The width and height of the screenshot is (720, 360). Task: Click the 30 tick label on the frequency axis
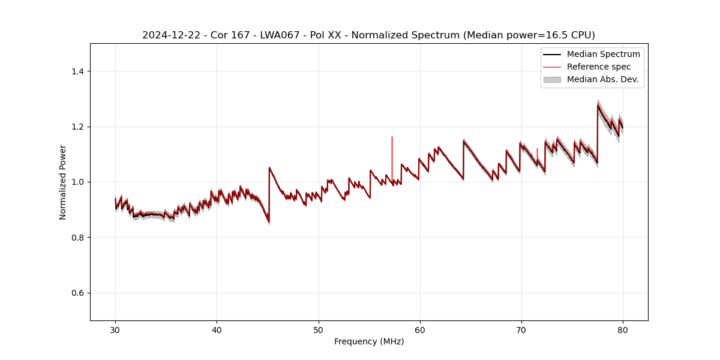(x=115, y=329)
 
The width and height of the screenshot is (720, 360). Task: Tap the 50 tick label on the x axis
(x=318, y=329)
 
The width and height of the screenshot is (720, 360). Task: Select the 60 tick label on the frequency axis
(x=419, y=329)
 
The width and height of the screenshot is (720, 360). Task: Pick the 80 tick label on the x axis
(x=623, y=329)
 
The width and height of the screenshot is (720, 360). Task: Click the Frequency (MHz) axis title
(x=369, y=341)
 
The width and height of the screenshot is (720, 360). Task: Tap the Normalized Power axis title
(x=63, y=182)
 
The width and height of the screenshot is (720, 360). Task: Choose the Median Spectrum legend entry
(x=603, y=54)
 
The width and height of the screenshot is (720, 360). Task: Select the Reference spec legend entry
(x=598, y=67)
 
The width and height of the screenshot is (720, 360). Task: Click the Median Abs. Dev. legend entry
(x=602, y=79)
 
